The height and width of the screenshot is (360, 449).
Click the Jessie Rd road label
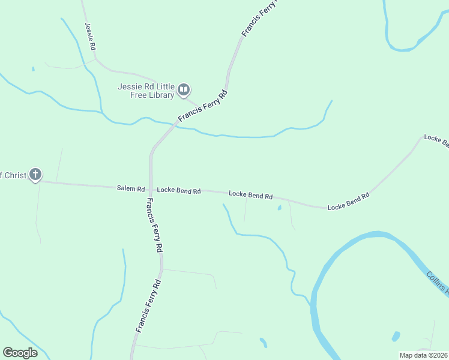point(91,36)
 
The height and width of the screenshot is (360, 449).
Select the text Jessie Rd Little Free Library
point(146,91)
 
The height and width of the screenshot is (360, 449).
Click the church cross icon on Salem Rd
point(35,175)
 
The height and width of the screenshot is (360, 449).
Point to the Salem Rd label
point(131,188)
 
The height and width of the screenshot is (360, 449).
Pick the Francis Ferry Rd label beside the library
point(203,106)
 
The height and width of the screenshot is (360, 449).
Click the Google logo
point(20,353)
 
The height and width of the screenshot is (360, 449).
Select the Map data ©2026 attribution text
point(423,355)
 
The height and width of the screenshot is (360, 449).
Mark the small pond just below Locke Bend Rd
point(279,208)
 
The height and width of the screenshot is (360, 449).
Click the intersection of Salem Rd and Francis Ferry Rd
point(150,188)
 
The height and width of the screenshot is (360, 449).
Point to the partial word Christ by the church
point(13,175)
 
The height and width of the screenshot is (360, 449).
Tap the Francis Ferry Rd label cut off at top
point(260,17)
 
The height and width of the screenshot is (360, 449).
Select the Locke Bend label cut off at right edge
point(436,140)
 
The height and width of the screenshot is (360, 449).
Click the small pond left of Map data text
point(396,336)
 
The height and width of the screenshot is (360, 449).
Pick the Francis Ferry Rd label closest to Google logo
point(146,306)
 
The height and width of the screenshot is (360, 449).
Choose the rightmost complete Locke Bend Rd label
point(348,202)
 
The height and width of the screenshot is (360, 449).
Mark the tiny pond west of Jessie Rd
point(33,69)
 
